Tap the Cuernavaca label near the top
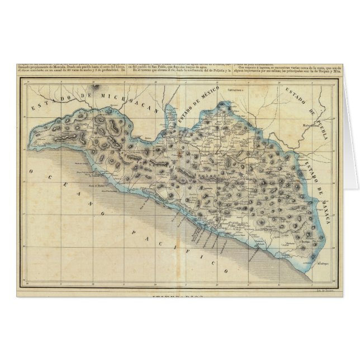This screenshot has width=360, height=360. point(238,89)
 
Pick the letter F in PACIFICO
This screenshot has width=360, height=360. point(195,250)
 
